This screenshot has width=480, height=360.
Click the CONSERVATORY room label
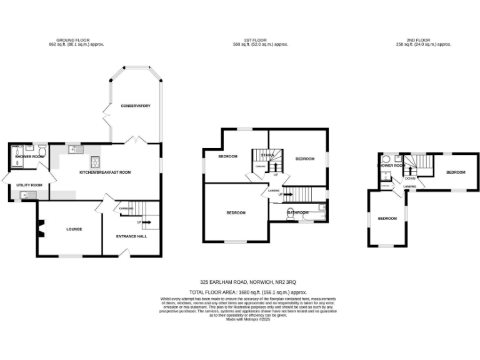click(x=136, y=106)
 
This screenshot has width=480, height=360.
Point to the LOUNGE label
click(x=74, y=229)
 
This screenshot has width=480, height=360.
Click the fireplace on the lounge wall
click(x=41, y=231)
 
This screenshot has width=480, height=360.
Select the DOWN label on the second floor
click(x=410, y=178)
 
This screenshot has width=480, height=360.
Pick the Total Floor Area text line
click(x=248, y=292)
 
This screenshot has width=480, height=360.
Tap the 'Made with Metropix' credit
click(x=248, y=319)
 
